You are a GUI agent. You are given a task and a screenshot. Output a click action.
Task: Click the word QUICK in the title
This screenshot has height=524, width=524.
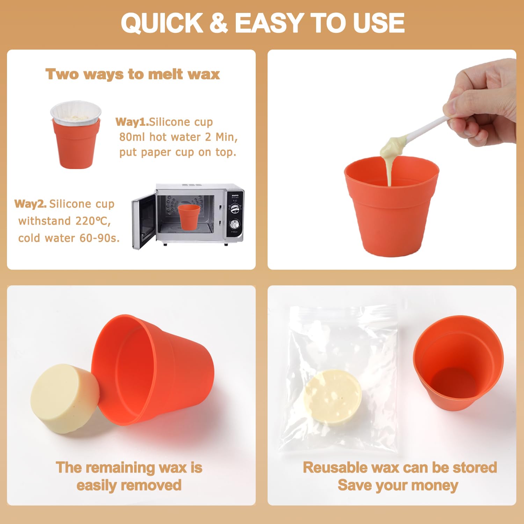point(162,23)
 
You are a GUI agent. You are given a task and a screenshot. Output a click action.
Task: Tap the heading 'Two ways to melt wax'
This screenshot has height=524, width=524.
point(133,74)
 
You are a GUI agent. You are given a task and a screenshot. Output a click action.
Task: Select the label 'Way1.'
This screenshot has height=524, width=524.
point(132,122)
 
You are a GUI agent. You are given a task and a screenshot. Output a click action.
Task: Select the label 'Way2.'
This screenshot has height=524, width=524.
point(30,204)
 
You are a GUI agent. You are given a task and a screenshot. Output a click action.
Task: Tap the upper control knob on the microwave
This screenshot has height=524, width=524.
point(234,209)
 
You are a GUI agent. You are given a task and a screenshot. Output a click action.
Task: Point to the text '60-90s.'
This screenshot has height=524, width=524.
point(100,238)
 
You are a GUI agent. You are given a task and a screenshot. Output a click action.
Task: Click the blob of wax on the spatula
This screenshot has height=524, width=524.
point(393,146)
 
